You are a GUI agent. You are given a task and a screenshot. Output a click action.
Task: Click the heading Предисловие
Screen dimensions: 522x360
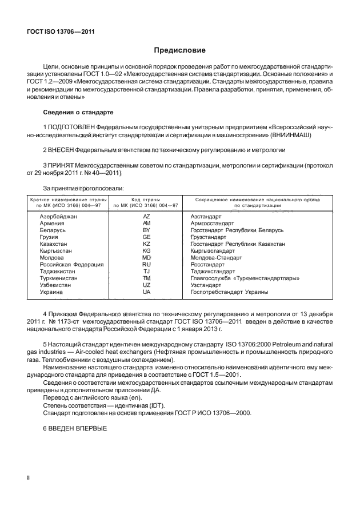(179, 51)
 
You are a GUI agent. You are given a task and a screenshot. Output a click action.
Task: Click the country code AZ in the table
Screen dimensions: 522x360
(146, 217)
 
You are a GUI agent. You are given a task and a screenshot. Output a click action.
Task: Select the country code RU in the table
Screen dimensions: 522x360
(146, 265)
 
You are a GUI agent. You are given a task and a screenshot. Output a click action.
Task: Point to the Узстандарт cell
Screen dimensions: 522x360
(207, 285)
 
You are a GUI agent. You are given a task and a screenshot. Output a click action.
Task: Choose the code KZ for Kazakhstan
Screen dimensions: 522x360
(146, 244)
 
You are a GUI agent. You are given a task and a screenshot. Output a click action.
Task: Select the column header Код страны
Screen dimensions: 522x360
(146, 199)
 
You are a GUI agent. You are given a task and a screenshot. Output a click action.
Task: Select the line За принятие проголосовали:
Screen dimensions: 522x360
(80, 187)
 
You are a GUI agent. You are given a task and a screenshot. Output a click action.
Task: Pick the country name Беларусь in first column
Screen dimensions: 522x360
(53, 230)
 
